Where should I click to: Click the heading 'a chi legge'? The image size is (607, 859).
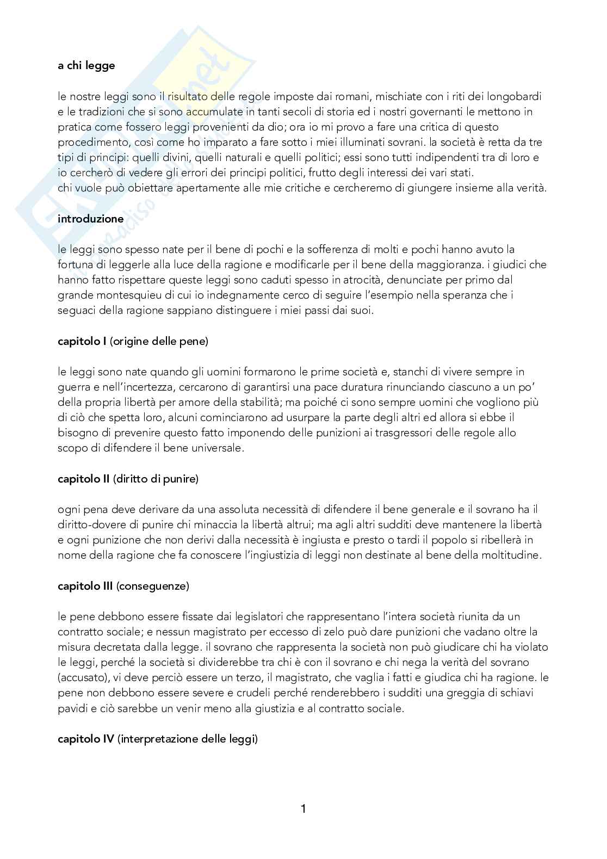(x=86, y=66)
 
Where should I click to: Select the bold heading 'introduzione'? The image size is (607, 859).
(x=90, y=219)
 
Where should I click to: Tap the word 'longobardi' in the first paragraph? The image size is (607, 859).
(x=515, y=97)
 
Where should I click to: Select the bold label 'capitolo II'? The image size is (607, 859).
(x=84, y=479)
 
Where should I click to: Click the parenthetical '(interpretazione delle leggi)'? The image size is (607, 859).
(x=188, y=739)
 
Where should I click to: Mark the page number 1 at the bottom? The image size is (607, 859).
(x=303, y=809)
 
